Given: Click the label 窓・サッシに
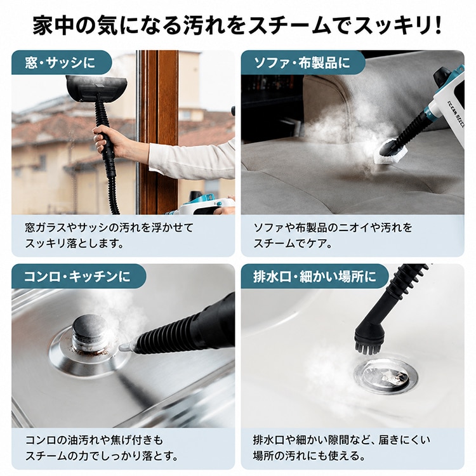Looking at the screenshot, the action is [60, 63].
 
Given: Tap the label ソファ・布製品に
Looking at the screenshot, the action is [301, 63].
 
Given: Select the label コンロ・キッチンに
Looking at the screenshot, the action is [77, 276].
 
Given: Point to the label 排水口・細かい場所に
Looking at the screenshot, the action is [315, 276].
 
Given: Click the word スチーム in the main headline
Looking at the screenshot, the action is [288, 26].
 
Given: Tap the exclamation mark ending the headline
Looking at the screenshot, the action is [437, 26].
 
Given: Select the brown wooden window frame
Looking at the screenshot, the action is [158, 132].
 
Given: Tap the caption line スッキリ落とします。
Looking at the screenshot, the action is [75, 244].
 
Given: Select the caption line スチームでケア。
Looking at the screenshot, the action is [293, 244].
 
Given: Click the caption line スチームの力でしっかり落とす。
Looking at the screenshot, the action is [102, 456].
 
